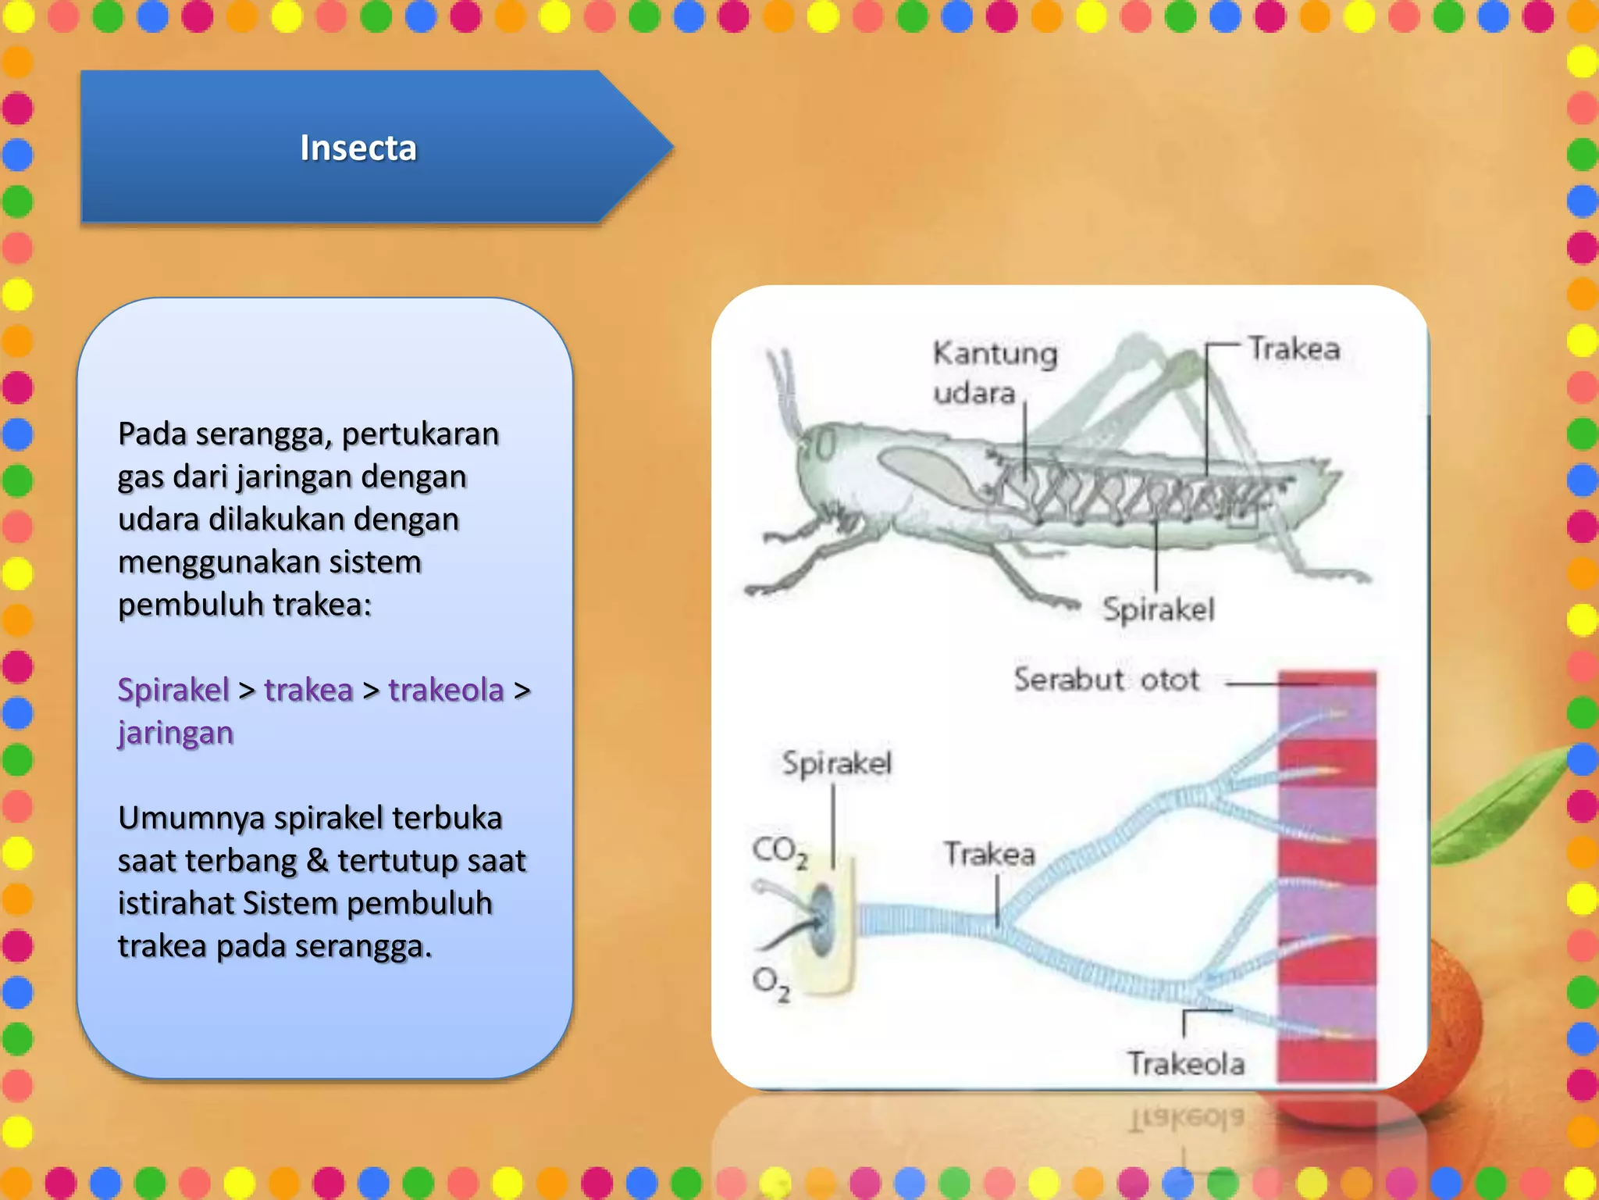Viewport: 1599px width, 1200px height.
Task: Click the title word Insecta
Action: pos(358,148)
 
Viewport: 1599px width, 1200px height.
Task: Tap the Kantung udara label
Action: pos(994,372)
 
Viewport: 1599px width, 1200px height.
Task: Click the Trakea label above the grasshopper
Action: pos(1294,348)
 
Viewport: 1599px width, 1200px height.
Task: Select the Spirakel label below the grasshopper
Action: pos(1158,609)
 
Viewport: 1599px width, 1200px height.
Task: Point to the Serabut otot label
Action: pos(1106,680)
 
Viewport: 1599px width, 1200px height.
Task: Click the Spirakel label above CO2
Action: pos(836,763)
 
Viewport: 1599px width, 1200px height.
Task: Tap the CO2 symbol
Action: pos(779,851)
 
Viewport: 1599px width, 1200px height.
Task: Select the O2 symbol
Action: pos(771,983)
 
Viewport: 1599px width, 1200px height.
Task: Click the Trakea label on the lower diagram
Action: pos(988,854)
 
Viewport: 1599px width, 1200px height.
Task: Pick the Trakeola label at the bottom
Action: pos(1185,1064)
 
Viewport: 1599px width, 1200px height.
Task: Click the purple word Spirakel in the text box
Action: pos(173,691)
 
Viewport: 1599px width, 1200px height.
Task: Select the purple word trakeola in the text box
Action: pos(446,691)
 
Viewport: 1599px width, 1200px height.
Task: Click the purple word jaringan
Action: pos(176,734)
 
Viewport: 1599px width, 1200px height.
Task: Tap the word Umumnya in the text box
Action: pos(191,819)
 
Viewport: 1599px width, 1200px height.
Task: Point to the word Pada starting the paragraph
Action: pos(152,434)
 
